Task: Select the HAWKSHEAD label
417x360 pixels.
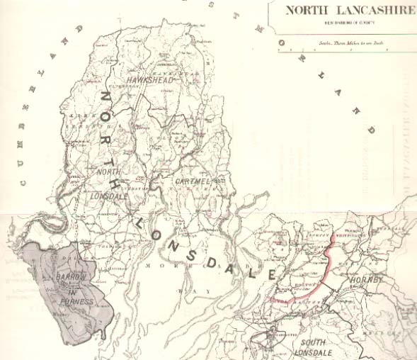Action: [x=149, y=81]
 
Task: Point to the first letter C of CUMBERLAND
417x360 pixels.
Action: [x=23, y=184]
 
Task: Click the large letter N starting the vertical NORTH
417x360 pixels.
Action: [x=104, y=99]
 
